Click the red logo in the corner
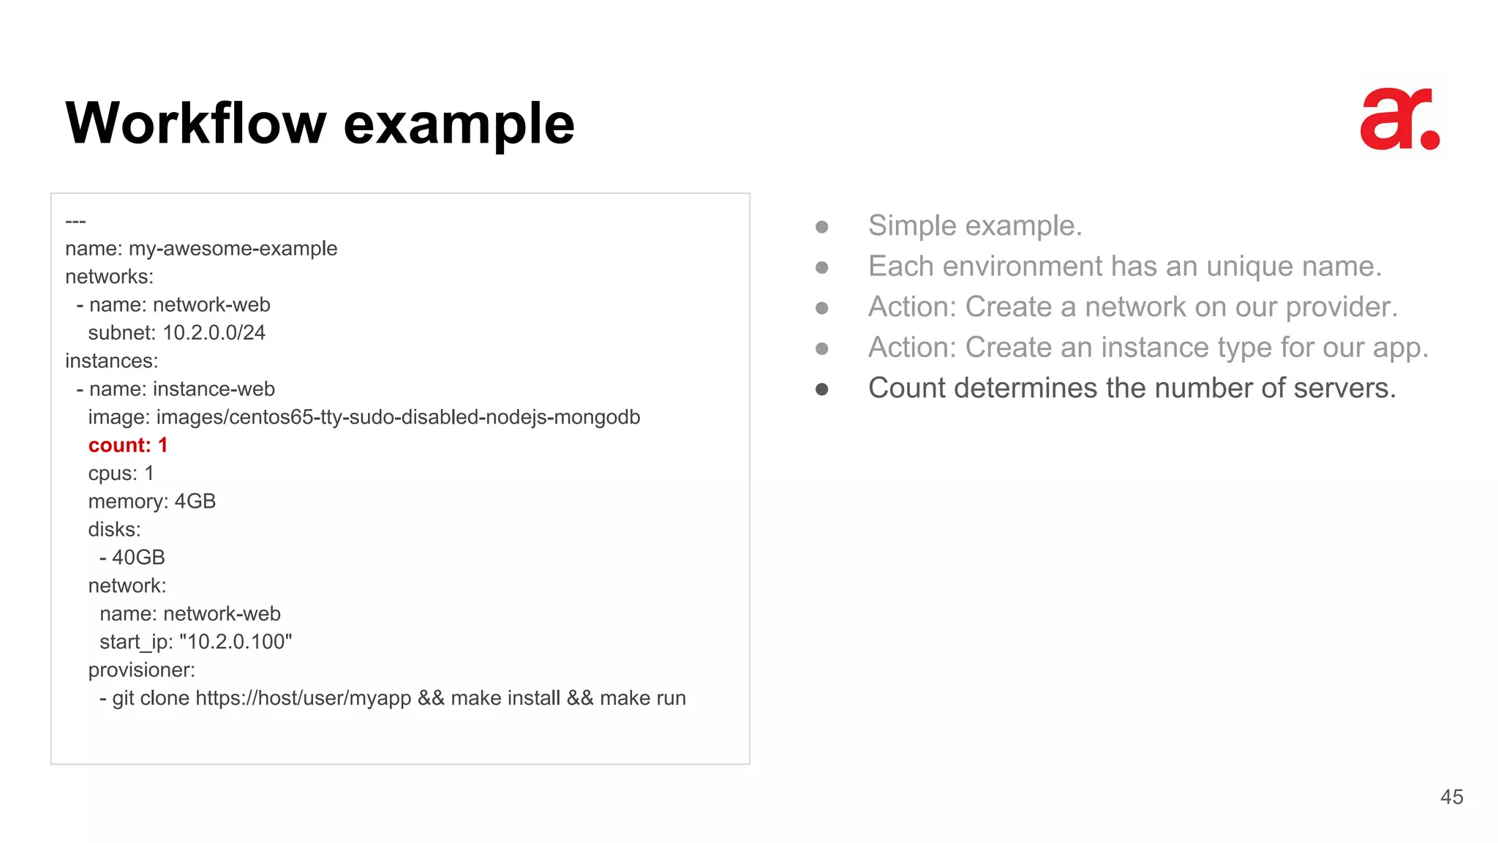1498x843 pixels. tap(1399, 120)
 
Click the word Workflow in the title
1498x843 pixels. tap(195, 124)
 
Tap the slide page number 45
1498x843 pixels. tap(1451, 797)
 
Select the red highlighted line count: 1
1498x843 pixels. tap(128, 445)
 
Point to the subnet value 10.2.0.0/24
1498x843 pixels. tap(214, 333)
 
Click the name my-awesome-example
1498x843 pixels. tap(233, 249)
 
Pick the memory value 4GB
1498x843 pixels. tap(195, 501)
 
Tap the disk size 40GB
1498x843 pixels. tap(138, 558)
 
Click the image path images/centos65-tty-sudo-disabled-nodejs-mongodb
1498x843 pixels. tap(398, 417)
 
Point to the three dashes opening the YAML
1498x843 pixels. tap(75, 221)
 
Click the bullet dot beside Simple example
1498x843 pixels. tap(821, 227)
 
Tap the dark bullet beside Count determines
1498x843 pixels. tap(821, 389)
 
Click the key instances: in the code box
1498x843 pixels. tap(111, 361)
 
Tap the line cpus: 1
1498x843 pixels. tap(121, 473)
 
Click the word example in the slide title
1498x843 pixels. tap(459, 124)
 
